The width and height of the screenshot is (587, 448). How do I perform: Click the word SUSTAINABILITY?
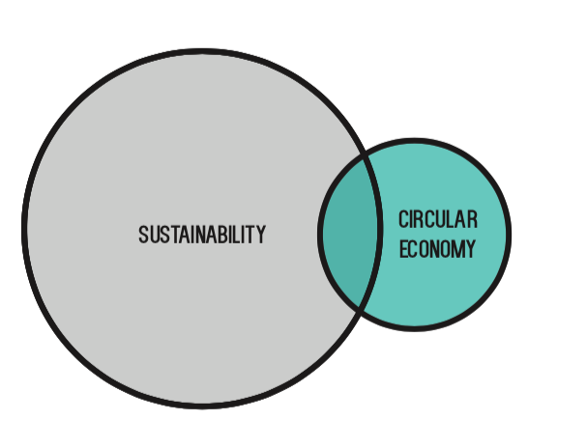coord(202,235)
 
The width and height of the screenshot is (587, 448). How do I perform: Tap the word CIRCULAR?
coord(438,220)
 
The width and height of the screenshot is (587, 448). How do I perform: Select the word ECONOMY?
coord(437,249)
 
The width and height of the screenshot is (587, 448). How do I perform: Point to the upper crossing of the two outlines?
coord(367,157)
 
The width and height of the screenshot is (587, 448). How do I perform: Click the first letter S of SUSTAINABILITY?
coord(143,235)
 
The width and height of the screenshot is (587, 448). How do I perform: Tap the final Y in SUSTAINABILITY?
coord(260,235)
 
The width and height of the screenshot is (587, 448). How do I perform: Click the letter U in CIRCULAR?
coord(440,220)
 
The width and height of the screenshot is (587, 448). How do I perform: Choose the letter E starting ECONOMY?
coord(403,249)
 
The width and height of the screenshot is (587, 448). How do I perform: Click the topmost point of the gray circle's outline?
coord(203,51)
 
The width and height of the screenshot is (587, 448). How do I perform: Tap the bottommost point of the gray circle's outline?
coord(203,406)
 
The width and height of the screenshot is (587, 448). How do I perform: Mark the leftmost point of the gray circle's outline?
coord(24,229)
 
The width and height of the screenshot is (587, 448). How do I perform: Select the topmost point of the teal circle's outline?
coord(415,140)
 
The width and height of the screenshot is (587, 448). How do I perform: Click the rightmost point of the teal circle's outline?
coord(509,234)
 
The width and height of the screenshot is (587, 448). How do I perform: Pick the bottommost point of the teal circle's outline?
coord(415,328)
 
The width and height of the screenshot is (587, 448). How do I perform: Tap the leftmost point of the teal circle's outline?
coord(320,234)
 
